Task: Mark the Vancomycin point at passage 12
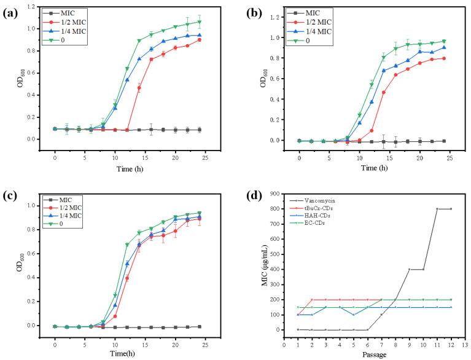tap(452, 226)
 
